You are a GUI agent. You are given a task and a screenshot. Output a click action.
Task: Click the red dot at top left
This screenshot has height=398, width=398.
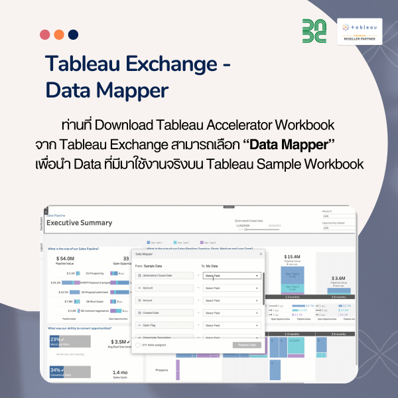[45, 34]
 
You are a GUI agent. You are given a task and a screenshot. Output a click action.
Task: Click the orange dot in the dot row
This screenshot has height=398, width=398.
[59, 34]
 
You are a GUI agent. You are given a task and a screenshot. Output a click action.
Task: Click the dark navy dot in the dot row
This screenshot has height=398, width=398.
[73, 34]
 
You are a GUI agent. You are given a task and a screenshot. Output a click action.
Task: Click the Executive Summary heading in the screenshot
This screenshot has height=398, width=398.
[79, 223]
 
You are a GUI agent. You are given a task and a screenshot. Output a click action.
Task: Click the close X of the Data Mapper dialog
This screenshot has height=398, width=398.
[261, 253]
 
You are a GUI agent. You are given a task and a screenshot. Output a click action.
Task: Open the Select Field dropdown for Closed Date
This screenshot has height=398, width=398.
[232, 275]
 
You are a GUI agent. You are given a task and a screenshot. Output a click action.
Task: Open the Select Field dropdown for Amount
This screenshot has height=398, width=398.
[232, 300]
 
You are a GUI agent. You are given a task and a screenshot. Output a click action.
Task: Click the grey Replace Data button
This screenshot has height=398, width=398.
[247, 345]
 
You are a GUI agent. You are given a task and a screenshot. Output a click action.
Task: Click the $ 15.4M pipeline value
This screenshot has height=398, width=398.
[293, 256]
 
